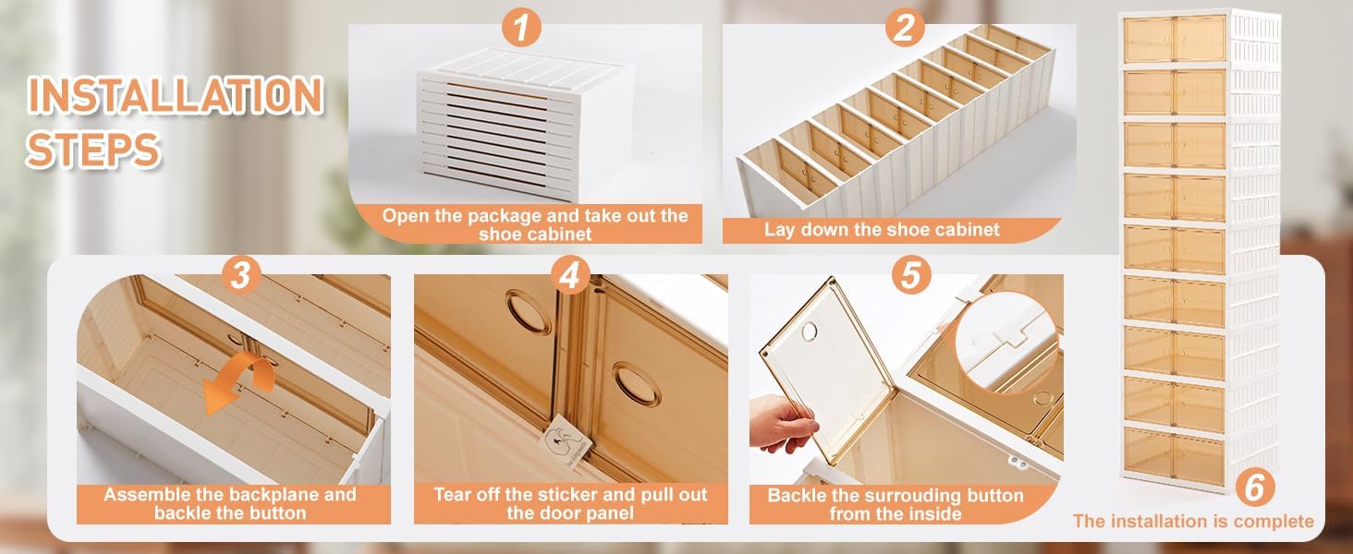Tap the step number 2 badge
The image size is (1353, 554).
[905, 28]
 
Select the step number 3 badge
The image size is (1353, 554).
[240, 276]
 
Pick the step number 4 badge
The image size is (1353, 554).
[569, 276]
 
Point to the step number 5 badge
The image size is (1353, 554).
[911, 275]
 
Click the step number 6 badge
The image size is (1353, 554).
[1254, 487]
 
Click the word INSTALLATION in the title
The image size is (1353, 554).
[176, 95]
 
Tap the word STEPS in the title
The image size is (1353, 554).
[93, 149]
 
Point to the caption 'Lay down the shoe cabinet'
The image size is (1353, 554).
[882, 230]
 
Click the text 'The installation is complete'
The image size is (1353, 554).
[1193, 522]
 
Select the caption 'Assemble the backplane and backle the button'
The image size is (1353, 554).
[230, 504]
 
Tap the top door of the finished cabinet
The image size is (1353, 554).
[1175, 39]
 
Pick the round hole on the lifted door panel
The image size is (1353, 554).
[809, 331]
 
